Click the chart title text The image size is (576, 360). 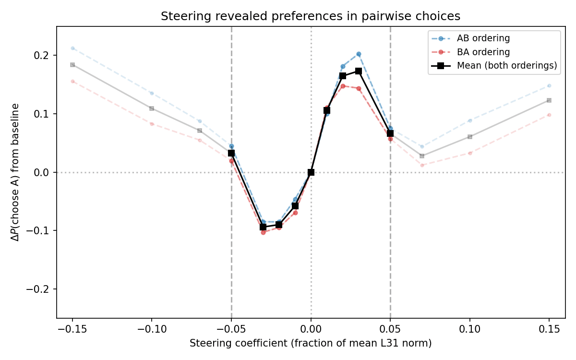tap(311, 16)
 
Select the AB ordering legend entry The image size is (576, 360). tap(483, 38)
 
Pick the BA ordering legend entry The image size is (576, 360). tap(483, 52)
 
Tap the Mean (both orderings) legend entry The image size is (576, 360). tap(507, 66)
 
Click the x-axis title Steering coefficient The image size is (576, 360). tap(311, 343)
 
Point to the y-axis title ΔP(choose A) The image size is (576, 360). tap(16, 172)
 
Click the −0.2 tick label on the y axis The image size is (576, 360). tap(40, 289)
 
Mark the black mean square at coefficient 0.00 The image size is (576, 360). tap(311, 172)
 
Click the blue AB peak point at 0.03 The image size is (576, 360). tap(359, 54)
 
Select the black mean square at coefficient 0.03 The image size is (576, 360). tap(359, 71)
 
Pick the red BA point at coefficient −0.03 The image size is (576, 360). tap(263, 232)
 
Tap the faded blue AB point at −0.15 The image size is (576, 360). tap(72, 48)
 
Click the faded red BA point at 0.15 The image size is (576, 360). tap(549, 115)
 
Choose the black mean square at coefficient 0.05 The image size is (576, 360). tap(390, 133)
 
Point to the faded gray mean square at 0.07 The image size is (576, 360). tap(422, 156)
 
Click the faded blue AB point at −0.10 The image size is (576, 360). tap(152, 93)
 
